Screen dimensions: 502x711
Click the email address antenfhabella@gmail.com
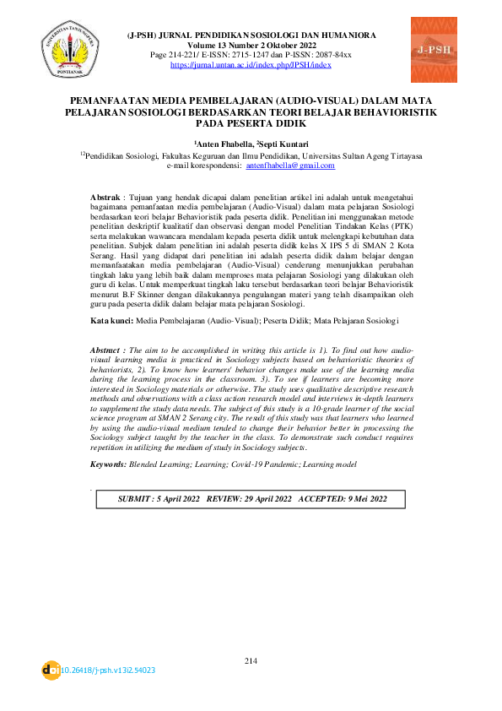[290, 166]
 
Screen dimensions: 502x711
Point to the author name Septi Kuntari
[283, 145]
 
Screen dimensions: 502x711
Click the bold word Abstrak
[105, 196]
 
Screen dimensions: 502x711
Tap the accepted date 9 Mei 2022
[359, 499]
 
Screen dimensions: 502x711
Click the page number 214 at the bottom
[251, 659]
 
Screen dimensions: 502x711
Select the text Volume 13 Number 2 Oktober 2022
[251, 46]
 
